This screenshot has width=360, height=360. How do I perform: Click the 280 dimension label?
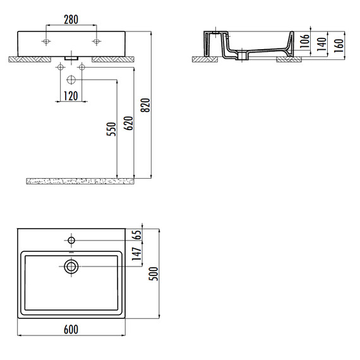click(x=71, y=20)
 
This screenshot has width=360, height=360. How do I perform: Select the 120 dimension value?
click(x=71, y=96)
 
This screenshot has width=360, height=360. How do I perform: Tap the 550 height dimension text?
click(x=111, y=128)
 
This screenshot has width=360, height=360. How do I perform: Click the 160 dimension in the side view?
click(x=340, y=45)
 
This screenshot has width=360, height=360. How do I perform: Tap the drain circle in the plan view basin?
click(x=71, y=267)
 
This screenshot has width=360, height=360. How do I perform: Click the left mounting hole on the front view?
click(x=45, y=42)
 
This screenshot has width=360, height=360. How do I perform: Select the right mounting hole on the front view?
click(x=97, y=42)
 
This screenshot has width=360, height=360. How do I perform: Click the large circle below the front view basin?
click(x=71, y=80)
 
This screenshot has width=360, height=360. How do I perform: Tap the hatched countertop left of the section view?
click(x=205, y=59)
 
